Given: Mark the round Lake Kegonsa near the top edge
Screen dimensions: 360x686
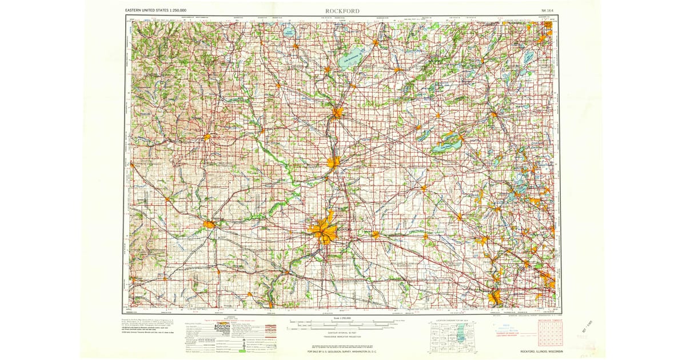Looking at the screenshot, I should tap(290, 34).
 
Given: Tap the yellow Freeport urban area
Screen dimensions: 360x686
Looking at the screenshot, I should tap(210, 224).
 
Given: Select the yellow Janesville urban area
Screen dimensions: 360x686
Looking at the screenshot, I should tap(337, 112).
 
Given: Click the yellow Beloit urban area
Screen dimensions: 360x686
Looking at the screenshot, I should tap(333, 162).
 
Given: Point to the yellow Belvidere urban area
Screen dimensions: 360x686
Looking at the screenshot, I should tap(375, 234).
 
